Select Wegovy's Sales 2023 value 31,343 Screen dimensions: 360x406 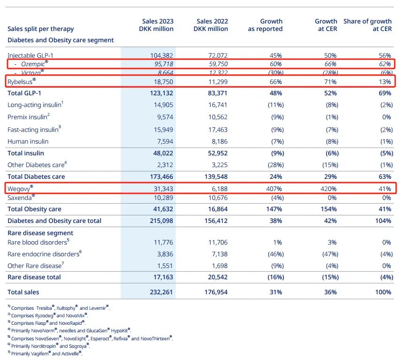pyautogui.click(x=162, y=188)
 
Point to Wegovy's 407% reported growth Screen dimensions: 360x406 pyautogui.click(x=273, y=188)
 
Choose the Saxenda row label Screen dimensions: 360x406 pyautogui.click(x=21, y=198)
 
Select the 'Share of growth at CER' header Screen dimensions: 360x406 pyautogui.click(x=367, y=25)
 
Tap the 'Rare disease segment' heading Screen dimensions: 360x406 pyautogui.click(x=40, y=233)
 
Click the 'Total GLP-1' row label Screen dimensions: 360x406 pyautogui.click(x=28, y=93)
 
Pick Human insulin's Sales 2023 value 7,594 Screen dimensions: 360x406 pyautogui.click(x=164, y=141)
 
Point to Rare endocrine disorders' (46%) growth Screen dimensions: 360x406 pyautogui.click(x=272, y=254)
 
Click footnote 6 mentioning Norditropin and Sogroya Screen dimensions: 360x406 pyautogui.click(x=50, y=346)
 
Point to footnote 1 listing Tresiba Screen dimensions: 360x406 pyautogui.click(x=59, y=308)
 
